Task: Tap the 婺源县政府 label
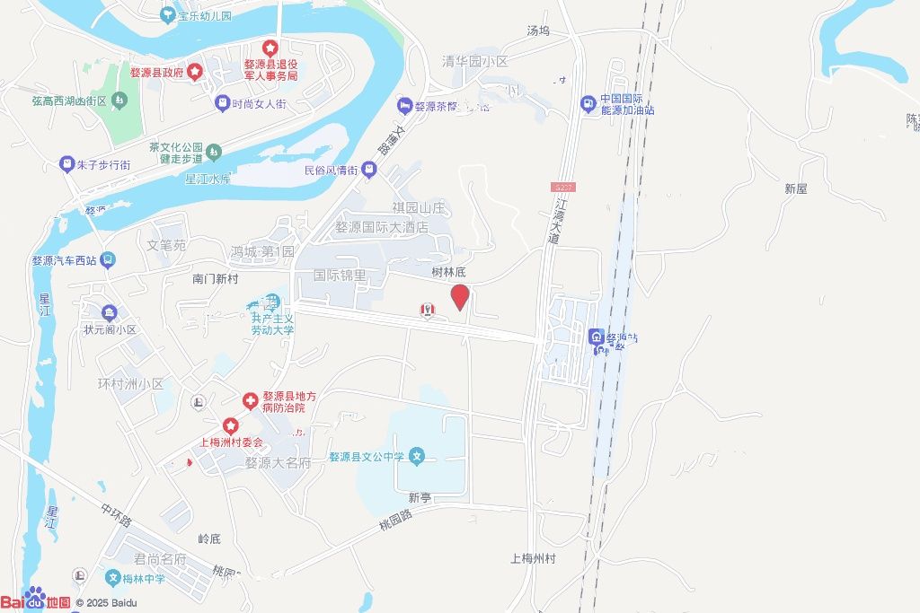click(x=157, y=73)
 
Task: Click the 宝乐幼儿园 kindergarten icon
click(x=167, y=15)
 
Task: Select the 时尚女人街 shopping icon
click(x=221, y=104)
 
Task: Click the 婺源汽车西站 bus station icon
click(x=108, y=261)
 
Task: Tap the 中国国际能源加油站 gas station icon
click(x=588, y=104)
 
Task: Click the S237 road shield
click(x=562, y=187)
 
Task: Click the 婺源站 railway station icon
click(x=596, y=337)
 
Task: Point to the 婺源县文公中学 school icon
click(x=417, y=457)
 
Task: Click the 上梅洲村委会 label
click(x=230, y=442)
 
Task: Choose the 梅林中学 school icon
click(x=113, y=578)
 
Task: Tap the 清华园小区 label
click(x=474, y=62)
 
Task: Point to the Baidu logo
click(x=35, y=600)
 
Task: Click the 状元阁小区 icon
click(x=110, y=313)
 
